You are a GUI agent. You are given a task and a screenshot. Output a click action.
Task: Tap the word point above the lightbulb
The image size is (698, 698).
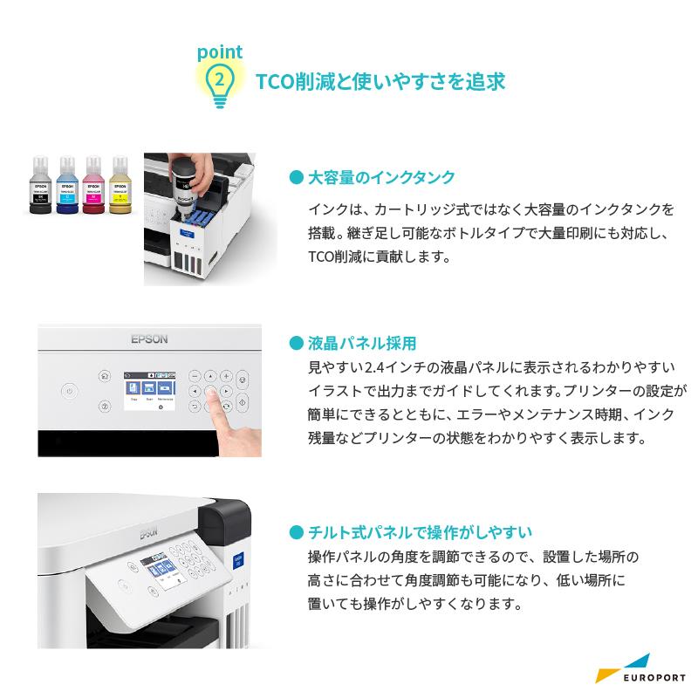pyautogui.click(x=219, y=52)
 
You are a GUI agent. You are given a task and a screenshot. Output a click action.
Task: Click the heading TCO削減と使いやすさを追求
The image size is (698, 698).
pyautogui.click(x=380, y=82)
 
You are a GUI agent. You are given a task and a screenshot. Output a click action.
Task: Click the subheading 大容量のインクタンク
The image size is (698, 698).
pyautogui.click(x=382, y=177)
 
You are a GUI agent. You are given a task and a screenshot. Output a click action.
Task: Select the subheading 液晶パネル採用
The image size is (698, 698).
pyautogui.click(x=362, y=343)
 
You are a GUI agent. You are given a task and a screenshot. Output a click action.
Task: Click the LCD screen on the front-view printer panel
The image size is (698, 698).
pyautogui.click(x=146, y=390)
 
